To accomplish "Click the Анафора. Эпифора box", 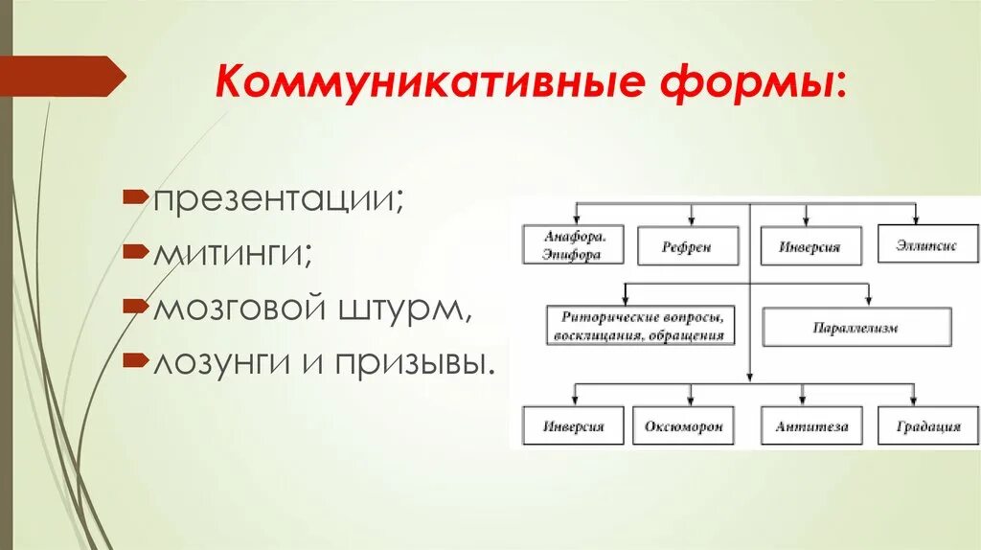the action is click(573, 245).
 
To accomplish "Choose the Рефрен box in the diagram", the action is click(687, 246).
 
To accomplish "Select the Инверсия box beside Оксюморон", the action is click(573, 425).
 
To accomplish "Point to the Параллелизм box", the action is click(856, 328).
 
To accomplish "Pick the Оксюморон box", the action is click(683, 425).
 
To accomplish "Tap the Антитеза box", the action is click(811, 425).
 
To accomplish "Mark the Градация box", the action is click(927, 425).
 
